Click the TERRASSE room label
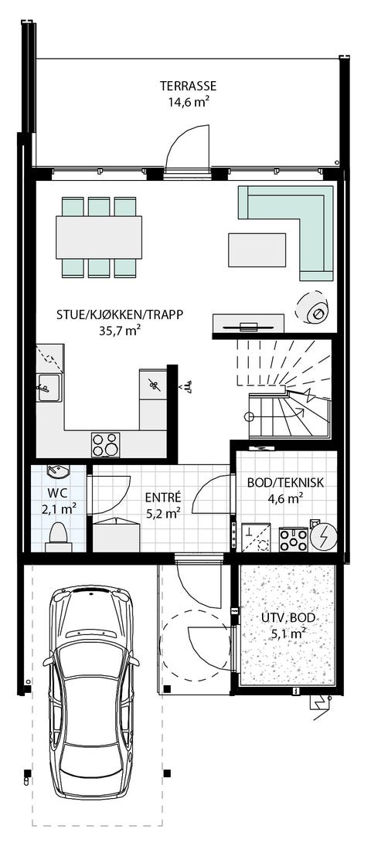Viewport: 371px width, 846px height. coord(188,86)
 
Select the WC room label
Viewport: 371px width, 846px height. coord(59,492)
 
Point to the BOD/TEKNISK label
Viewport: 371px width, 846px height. coord(284,483)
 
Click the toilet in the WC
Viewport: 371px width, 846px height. coord(57,535)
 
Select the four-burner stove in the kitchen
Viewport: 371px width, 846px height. coord(106,443)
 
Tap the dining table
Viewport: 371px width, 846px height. coord(99,236)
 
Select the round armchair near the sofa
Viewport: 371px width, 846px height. coord(315,310)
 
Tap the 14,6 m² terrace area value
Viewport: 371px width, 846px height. coord(188,101)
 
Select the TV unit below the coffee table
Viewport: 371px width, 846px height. coord(250,324)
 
